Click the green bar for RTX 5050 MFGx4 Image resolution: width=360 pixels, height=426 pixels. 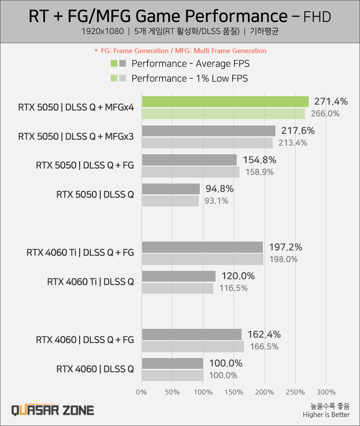tap(225, 102)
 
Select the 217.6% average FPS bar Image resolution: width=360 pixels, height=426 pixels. tap(208, 131)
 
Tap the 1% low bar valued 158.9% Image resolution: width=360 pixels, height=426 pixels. tap(190, 172)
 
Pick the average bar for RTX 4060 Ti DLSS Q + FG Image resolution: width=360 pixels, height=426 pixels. tap(202, 247)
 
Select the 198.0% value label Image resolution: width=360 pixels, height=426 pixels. tap(283, 259)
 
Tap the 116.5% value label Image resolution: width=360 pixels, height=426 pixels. tap(233, 288)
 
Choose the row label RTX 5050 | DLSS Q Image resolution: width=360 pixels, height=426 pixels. tap(95, 195)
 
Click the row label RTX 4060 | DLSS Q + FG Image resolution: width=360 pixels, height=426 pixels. tap(85, 340)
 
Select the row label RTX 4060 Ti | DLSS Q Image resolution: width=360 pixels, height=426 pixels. tap(90, 282)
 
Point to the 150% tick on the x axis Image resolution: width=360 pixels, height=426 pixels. tap(234, 392)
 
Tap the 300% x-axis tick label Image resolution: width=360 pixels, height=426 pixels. tap(326, 392)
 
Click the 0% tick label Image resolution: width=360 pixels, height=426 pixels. tap(142, 392)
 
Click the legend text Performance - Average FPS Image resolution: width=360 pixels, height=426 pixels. tap(190, 63)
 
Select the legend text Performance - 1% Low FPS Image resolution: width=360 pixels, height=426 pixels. tap(189, 78)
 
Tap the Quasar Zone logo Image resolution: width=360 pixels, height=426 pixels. tap(53, 410)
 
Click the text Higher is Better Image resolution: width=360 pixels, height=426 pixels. tap(326, 415)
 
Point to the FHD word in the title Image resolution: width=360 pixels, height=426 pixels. tap(317, 17)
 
